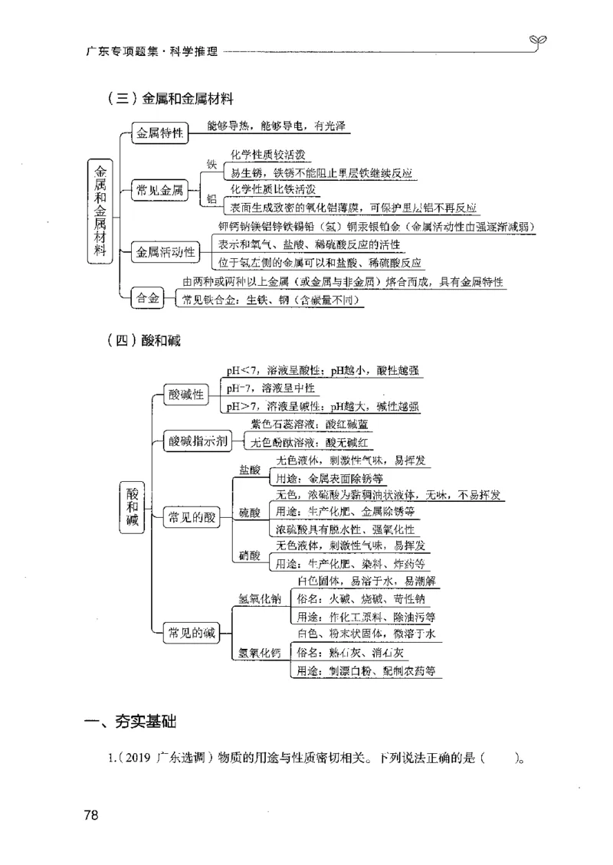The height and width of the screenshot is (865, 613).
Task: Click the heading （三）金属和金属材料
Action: click(x=170, y=98)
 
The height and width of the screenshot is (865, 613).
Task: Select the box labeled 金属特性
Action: click(x=159, y=133)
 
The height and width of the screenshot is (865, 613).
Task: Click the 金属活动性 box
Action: click(x=164, y=251)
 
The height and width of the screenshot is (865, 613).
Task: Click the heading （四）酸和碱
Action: click(x=145, y=341)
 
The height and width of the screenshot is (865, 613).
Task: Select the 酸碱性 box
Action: click(x=186, y=395)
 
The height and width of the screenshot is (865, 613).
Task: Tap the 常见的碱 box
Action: click(x=192, y=632)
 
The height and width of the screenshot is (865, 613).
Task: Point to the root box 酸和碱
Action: click(x=133, y=507)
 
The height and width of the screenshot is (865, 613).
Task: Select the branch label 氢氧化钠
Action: click(x=260, y=598)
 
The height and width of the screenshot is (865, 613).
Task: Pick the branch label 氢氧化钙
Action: click(x=260, y=653)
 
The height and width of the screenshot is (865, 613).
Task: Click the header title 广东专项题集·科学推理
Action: click(x=152, y=52)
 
